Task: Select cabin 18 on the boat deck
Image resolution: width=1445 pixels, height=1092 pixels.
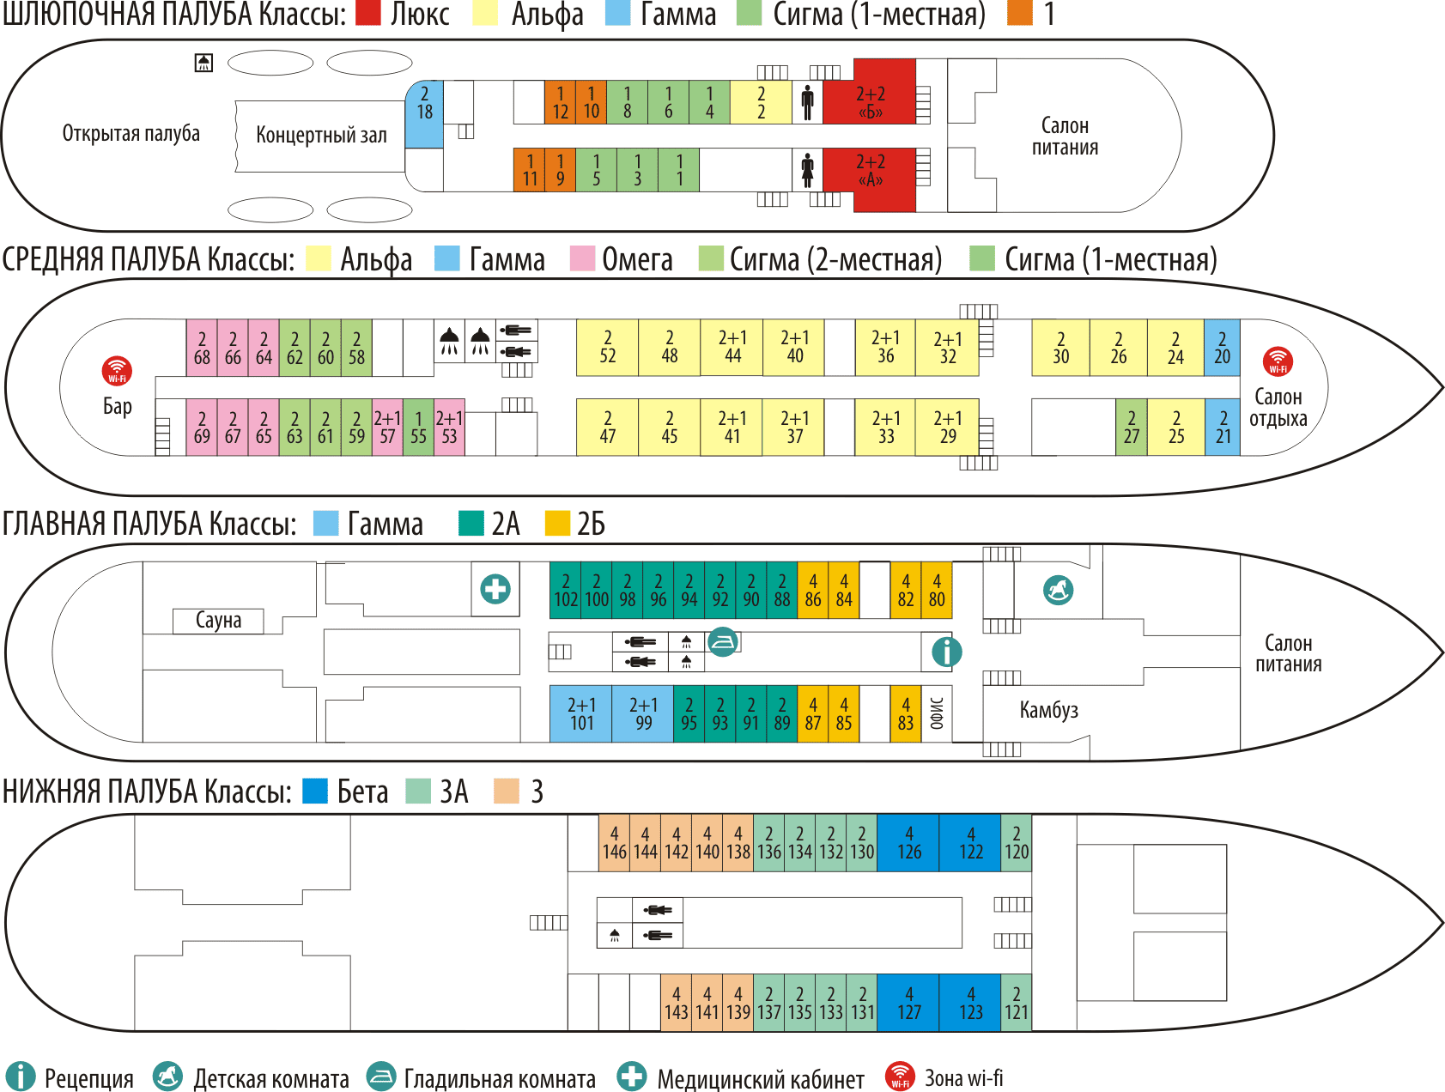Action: [424, 114]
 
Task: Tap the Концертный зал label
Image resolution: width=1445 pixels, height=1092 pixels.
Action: [321, 136]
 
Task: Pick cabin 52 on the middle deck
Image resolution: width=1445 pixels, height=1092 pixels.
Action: [607, 348]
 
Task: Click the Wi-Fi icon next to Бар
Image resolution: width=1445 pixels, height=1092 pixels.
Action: [117, 371]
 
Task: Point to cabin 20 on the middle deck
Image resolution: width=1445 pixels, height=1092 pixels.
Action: [1222, 348]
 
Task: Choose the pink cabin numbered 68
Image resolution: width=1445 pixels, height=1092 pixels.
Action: [202, 348]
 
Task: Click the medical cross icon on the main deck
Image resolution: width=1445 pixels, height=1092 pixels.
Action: [495, 589]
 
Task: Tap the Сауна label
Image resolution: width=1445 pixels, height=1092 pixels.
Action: [218, 621]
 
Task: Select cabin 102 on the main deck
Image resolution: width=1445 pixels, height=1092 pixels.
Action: [565, 591]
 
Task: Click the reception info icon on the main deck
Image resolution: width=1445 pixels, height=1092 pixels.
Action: [946, 652]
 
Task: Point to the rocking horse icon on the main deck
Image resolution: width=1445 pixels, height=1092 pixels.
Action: [1058, 590]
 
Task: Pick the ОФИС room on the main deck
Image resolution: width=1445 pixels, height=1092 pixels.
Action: [937, 713]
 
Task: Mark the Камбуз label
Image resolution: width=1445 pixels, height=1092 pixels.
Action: [1048, 710]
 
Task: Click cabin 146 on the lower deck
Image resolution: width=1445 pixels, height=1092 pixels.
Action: [614, 843]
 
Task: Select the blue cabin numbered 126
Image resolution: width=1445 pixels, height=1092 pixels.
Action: [908, 843]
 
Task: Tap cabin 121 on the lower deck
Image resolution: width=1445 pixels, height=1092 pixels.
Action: [1016, 1003]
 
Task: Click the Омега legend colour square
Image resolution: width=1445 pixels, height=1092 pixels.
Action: [583, 258]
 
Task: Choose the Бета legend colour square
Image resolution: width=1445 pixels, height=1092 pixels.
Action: [315, 791]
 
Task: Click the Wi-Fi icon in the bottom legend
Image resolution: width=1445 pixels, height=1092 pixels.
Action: [899, 1077]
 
